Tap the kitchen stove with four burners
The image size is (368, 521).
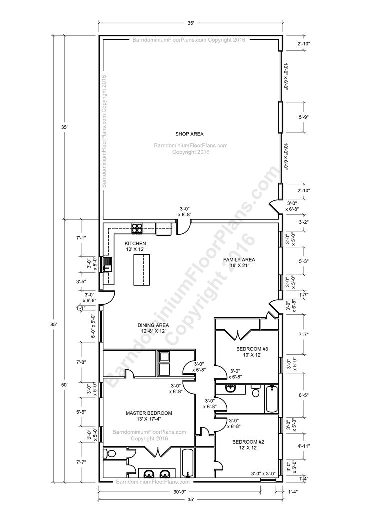click(137, 229)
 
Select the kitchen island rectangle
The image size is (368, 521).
click(142, 270)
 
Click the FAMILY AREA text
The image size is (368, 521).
click(239, 263)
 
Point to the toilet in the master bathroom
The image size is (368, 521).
click(111, 453)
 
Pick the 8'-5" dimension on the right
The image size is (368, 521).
click(304, 395)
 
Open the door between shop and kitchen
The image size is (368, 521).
click(183, 228)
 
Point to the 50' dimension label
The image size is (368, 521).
click(65, 384)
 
